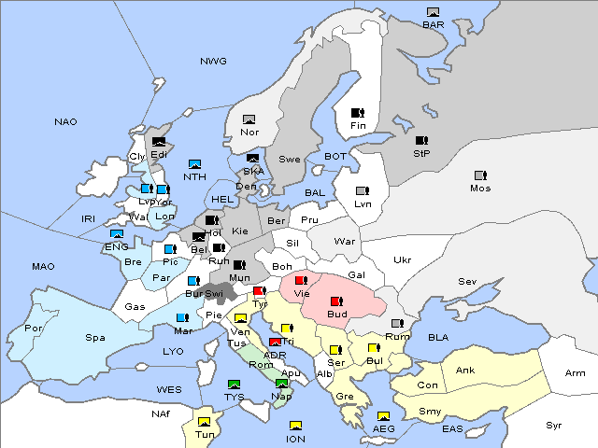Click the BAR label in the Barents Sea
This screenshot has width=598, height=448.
click(433, 24)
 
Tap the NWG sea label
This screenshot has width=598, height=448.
click(213, 61)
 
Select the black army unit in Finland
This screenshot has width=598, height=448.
click(357, 113)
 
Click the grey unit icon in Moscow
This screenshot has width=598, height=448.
click(480, 175)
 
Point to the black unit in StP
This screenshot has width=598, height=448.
click(420, 141)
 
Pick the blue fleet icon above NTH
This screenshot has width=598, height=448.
click(195, 164)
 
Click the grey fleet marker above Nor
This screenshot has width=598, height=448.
click(249, 119)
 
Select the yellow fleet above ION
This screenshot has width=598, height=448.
click(296, 427)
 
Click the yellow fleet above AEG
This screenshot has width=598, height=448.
click(383, 416)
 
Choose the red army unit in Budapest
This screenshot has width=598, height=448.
click(335, 301)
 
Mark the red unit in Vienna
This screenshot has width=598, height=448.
click(300, 280)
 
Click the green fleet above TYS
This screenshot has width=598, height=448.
click(234, 385)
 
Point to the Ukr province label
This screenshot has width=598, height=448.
click(402, 260)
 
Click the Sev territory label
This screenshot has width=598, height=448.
click(467, 281)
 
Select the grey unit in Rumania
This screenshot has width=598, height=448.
click(397, 324)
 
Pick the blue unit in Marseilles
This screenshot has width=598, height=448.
click(182, 318)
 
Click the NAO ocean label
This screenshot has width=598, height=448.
click(65, 121)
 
